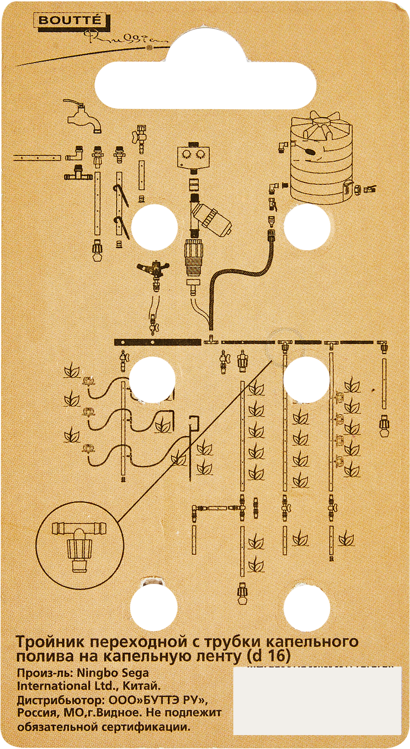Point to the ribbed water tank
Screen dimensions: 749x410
point(322,159)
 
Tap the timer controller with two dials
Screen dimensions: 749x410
point(194,157)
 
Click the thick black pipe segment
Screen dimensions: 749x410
point(158,342)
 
